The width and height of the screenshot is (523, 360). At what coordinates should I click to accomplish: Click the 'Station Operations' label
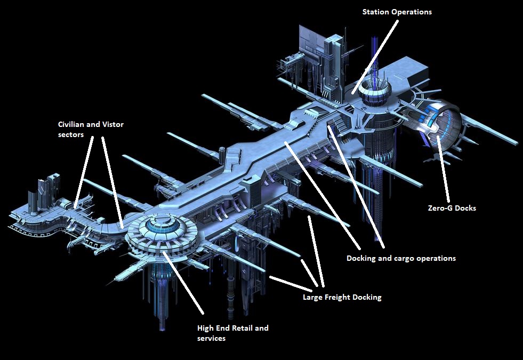coord(397,12)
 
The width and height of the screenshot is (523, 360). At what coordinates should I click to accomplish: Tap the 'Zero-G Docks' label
coord(452,208)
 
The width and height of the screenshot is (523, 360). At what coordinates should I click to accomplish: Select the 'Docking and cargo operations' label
coord(401,258)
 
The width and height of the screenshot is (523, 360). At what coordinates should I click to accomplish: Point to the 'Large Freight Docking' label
coord(342,297)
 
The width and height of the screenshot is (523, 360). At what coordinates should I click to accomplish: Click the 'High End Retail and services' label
coord(232,333)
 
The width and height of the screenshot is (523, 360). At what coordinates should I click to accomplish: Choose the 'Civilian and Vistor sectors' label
coord(91,129)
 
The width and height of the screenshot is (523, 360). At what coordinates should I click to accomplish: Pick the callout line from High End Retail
coord(184,283)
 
